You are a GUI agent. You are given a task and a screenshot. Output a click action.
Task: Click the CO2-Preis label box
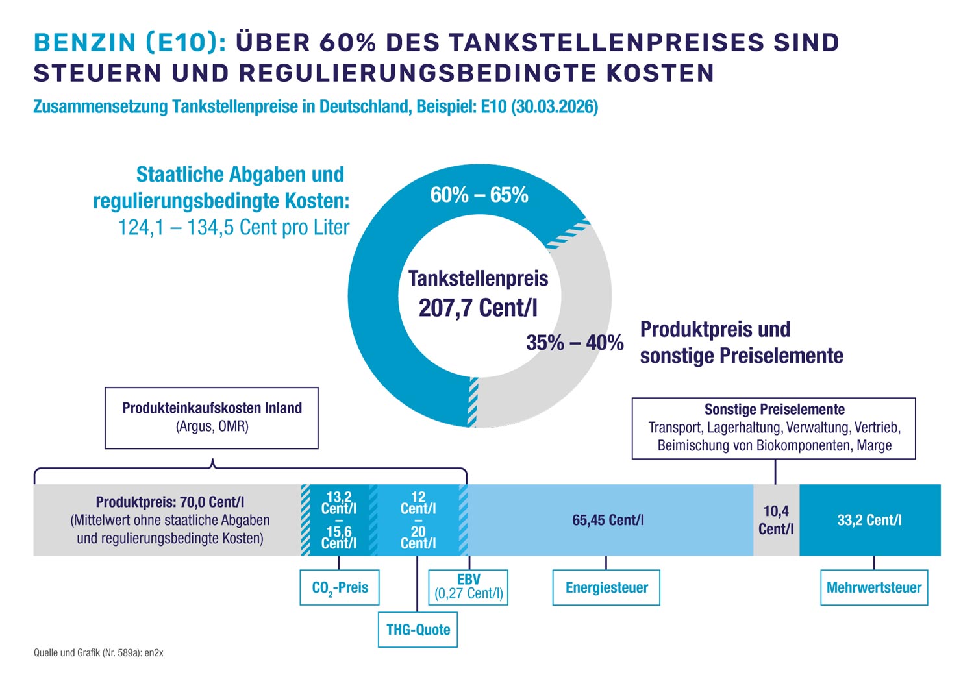[339, 587]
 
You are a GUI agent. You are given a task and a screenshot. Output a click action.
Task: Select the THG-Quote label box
[418, 629]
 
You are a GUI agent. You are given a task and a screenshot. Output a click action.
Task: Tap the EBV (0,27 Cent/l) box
[468, 587]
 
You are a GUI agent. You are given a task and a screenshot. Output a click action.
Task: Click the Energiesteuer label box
[606, 587]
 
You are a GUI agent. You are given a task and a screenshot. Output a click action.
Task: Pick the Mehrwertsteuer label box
[873, 587]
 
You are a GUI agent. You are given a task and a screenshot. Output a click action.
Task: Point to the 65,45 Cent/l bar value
[608, 520]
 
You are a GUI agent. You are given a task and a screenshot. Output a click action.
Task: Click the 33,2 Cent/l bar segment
[869, 520]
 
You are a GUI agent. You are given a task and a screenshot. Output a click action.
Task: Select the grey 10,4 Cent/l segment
[776, 520]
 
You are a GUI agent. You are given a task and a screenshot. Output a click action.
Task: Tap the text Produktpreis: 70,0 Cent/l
[170, 502]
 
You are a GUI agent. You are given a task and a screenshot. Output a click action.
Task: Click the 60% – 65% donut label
[479, 195]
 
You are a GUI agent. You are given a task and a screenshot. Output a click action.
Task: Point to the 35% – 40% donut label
[575, 342]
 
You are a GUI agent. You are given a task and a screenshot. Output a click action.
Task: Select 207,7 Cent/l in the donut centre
[478, 308]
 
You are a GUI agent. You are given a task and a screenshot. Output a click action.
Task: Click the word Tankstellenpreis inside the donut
[478, 278]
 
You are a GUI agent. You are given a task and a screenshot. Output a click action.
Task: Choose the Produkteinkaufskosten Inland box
[212, 417]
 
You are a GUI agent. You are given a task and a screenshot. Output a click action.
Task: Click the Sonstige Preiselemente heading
[774, 410]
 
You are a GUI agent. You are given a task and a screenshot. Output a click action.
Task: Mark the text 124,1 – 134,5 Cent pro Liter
[234, 227]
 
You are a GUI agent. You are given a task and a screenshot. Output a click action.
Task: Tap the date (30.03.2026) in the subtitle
[555, 106]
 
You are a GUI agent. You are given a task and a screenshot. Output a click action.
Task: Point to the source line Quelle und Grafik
[99, 653]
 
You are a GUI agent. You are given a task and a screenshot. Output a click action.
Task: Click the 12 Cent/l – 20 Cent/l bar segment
[418, 520]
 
